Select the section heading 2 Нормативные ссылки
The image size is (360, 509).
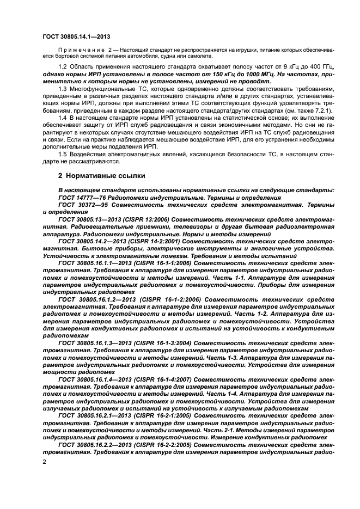(x=102, y=175)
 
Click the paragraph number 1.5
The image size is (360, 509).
(x=63, y=155)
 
